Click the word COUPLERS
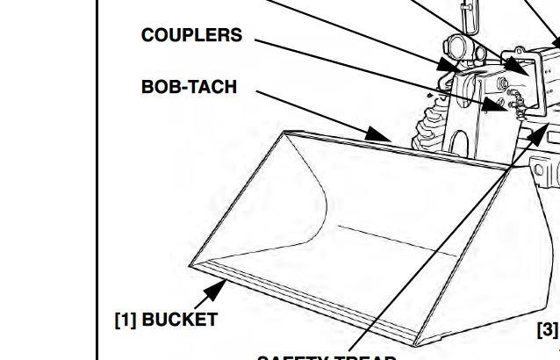point(191,36)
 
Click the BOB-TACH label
point(189,88)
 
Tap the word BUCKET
point(179,320)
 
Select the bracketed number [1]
point(126,320)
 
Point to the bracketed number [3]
point(547,329)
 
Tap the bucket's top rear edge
point(395,149)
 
